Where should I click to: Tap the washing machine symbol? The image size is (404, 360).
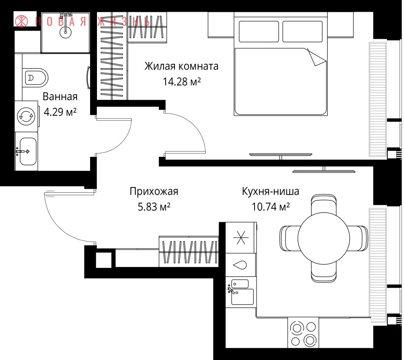pos(26,116)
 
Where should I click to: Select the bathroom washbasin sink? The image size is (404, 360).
pos(27,152)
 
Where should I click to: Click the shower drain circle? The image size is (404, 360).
pos(65,32)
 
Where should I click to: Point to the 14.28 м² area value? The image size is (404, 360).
pos(182,82)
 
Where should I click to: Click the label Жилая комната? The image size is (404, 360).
pos(181,66)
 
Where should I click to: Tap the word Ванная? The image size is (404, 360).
pos(60,97)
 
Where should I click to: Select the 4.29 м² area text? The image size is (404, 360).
pos(60,112)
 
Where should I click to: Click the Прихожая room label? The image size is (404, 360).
pos(154,192)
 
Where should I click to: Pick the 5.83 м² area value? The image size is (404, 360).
pos(154,207)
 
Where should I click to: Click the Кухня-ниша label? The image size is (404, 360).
pos(271,192)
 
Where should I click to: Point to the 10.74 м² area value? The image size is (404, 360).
pos(271,207)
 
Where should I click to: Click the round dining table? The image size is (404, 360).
pos(324,238)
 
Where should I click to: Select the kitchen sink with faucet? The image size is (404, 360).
pos(241,292)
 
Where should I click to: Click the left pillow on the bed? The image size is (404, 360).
pos(259,32)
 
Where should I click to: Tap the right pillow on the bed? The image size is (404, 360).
pos(303,32)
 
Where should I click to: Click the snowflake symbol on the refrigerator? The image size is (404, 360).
pos(241,238)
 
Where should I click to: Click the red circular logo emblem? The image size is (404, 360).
pos(21,21)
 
